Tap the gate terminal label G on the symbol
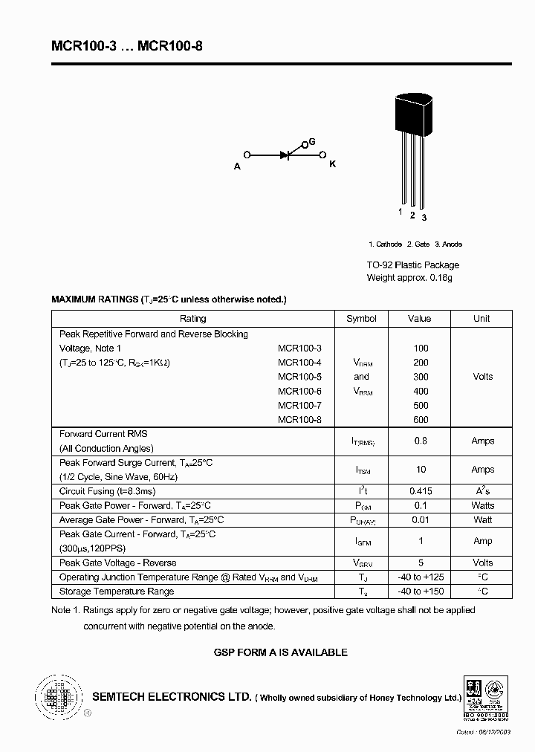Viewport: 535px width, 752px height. (312, 141)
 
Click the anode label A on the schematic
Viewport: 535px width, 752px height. (238, 166)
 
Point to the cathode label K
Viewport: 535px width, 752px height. (332, 164)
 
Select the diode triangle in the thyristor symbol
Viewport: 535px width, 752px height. (285, 155)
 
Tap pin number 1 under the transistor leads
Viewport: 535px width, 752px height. (400, 213)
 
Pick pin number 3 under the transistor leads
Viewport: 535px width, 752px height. (424, 217)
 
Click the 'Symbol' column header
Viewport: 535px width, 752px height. (361, 319)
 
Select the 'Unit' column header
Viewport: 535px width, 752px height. (481, 319)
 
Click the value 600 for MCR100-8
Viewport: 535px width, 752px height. (421, 420)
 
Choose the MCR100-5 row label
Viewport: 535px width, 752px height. (299, 377)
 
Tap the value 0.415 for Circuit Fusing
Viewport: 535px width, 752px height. (421, 491)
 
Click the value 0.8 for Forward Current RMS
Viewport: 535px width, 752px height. (421, 441)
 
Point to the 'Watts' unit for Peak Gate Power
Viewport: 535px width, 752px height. (482, 505)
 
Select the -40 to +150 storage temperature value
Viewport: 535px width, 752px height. (421, 591)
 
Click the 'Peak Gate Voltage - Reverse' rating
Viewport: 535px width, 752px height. (118, 563)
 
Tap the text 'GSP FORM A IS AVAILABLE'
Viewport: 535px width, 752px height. (280, 652)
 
